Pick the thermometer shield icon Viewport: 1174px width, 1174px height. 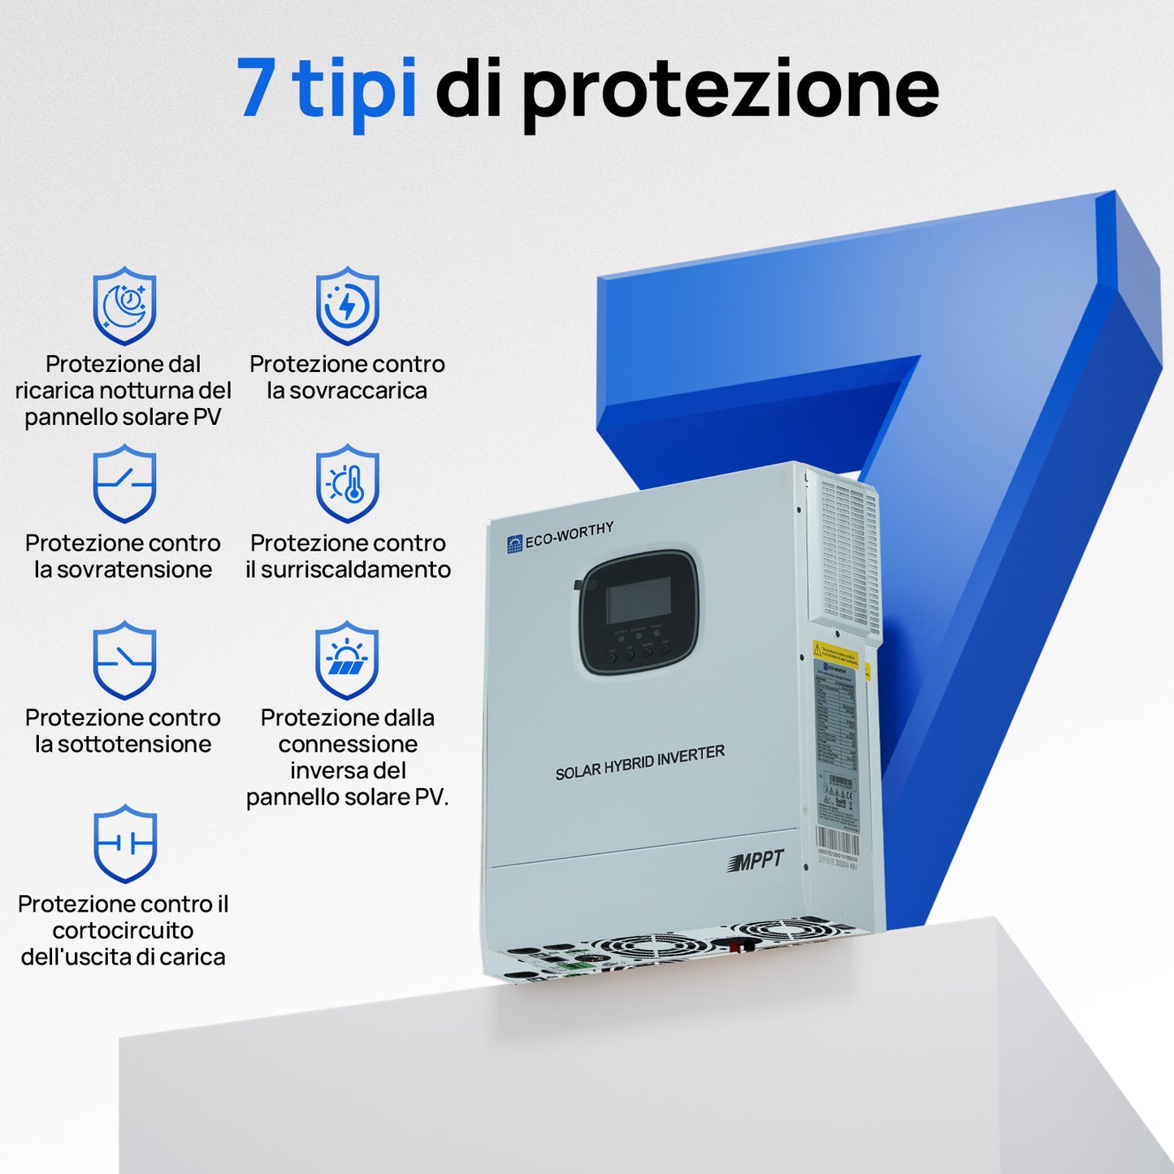point(348,483)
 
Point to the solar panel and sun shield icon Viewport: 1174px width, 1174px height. point(347,660)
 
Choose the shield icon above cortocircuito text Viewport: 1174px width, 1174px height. point(124,843)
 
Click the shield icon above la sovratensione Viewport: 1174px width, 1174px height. point(123,483)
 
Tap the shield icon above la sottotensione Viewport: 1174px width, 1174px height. point(123,660)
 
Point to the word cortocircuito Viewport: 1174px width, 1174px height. point(123,930)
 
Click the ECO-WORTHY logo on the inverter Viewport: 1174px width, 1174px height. point(561,538)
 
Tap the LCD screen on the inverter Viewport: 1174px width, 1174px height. point(639,600)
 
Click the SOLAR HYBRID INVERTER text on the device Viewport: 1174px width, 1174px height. point(639,763)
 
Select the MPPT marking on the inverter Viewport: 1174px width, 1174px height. point(756,861)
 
